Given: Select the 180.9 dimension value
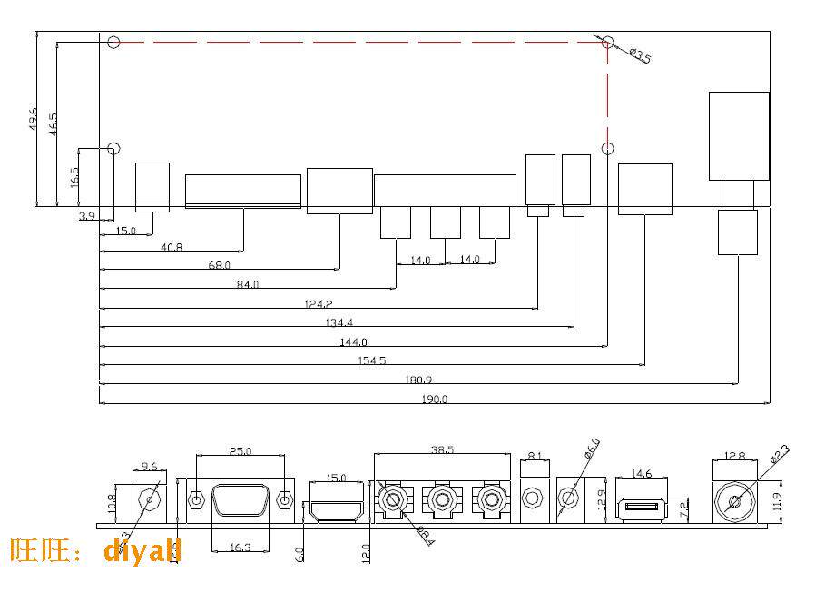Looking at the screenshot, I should click(x=419, y=380).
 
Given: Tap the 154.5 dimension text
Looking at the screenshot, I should click(x=371, y=360).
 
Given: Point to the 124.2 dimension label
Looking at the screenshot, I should click(x=319, y=302).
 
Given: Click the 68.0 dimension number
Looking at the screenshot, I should click(x=220, y=265).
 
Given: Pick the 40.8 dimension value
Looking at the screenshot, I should click(x=172, y=246).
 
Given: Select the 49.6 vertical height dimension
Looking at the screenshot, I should click(x=33, y=120).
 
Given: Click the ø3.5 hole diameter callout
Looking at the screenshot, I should click(x=640, y=57).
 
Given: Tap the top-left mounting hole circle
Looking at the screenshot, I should click(x=113, y=42).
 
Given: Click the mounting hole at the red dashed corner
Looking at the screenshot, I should click(x=608, y=42).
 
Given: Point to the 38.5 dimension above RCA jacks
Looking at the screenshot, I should click(x=442, y=449).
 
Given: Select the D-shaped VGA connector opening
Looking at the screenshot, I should click(x=240, y=500).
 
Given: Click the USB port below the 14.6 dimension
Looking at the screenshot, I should click(x=643, y=507).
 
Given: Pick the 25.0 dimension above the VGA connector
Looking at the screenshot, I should click(x=240, y=449).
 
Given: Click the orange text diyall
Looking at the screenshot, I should click(x=142, y=550).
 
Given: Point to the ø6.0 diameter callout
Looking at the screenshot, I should click(x=590, y=449).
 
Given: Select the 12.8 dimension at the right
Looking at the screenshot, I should click(x=734, y=456).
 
